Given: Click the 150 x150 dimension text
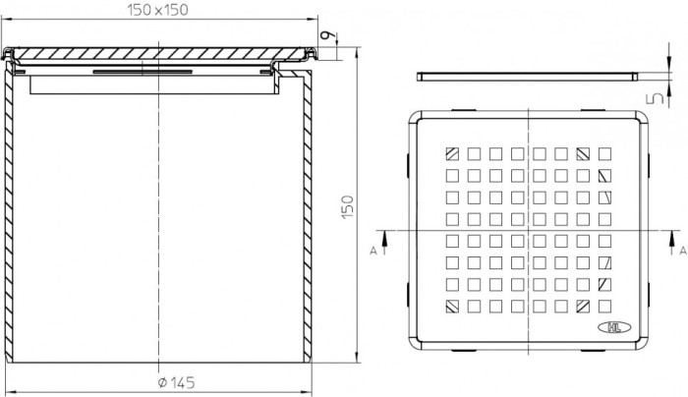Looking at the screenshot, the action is [158, 9].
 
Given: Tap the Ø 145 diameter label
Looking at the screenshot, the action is [176, 382].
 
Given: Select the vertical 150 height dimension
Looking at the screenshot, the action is [347, 207].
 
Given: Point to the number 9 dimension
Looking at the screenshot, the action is [325, 35].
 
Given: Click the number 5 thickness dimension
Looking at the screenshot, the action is [657, 98].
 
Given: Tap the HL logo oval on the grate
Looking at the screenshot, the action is [614, 327].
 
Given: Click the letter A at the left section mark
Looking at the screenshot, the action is [373, 251].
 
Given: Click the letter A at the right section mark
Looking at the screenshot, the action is [683, 251].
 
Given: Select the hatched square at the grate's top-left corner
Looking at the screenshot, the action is [452, 154].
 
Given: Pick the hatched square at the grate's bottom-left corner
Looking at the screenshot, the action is [452, 306].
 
